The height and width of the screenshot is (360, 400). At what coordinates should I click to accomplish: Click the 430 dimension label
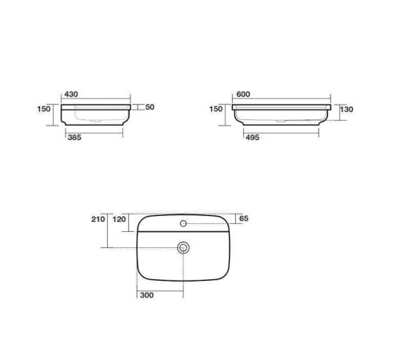(x=71, y=94)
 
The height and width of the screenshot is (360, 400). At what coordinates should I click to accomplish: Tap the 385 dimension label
(x=74, y=138)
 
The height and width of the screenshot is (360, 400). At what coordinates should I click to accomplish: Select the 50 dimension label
(x=150, y=107)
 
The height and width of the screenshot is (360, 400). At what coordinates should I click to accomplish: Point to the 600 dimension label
(x=243, y=94)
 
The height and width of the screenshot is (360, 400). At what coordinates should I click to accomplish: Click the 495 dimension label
(x=252, y=138)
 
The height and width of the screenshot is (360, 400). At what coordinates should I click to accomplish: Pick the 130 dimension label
(x=346, y=109)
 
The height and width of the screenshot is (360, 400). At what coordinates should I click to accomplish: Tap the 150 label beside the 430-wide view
(x=44, y=109)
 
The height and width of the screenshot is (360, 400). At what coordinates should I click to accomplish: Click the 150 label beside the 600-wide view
(x=216, y=109)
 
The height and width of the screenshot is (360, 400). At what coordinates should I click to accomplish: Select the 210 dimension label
(x=98, y=219)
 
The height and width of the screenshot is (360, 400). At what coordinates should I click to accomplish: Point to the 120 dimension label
(x=119, y=219)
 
